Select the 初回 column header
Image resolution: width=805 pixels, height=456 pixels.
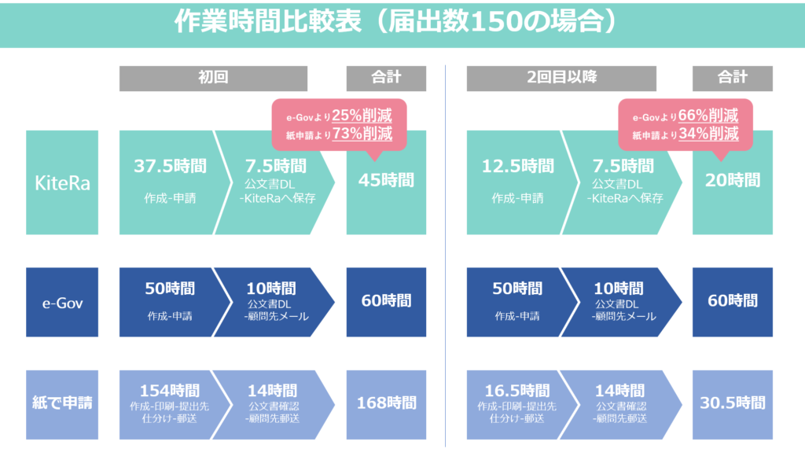pyautogui.click(x=214, y=78)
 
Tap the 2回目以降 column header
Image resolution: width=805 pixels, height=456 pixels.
pyautogui.click(x=561, y=78)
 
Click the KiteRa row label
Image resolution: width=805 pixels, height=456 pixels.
pyautogui.click(x=62, y=182)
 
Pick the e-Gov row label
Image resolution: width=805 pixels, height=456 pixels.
pyautogui.click(x=62, y=302)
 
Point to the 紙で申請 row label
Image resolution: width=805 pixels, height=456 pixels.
pyautogui.click(x=62, y=405)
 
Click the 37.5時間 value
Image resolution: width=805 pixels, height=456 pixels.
pyautogui.click(x=170, y=166)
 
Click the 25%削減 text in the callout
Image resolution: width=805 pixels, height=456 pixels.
pyautogui.click(x=362, y=116)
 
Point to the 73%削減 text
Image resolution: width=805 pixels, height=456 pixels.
pyautogui.click(x=362, y=134)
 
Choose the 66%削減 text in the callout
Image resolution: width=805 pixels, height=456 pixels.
pyautogui.click(x=708, y=116)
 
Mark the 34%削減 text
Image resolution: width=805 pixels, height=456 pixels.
pyautogui.click(x=709, y=134)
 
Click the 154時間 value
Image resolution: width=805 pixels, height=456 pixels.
pyautogui.click(x=170, y=391)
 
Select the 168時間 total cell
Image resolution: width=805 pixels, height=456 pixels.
pyautogui.click(x=386, y=405)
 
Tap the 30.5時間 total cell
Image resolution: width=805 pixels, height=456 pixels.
pyautogui.click(x=733, y=405)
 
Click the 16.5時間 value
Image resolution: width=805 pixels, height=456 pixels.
pyautogui.click(x=517, y=391)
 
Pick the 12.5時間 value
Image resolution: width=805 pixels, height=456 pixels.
pyautogui.click(x=517, y=166)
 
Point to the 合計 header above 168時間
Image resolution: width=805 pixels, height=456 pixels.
pyautogui.click(x=386, y=78)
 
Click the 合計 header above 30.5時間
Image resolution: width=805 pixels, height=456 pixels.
pyautogui.click(x=733, y=78)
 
